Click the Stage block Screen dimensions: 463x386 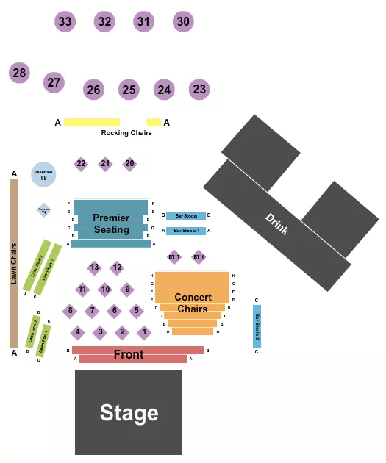[x=129, y=412]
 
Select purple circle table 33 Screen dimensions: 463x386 [x=65, y=22]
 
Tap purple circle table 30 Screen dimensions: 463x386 [x=183, y=22]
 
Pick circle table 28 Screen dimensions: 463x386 [x=19, y=73]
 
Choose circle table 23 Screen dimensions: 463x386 [x=199, y=90]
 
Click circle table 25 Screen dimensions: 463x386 [x=129, y=90]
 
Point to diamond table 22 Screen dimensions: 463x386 [x=81, y=164]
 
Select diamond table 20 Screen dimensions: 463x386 [x=129, y=164]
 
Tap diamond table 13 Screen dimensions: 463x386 [x=94, y=268]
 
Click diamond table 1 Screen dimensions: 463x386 [x=145, y=332]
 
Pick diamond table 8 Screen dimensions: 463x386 [x=70, y=311]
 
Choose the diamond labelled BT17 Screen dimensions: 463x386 [x=174, y=256]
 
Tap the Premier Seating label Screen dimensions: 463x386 [x=111, y=223]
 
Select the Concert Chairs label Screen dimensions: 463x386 [x=193, y=303]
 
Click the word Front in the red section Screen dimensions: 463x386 [x=129, y=355]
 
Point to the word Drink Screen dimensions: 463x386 [x=276, y=224]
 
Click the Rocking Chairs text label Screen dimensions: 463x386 [x=126, y=133]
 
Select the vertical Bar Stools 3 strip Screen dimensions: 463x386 [x=257, y=326]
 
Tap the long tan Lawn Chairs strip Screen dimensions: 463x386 [x=13, y=263]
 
